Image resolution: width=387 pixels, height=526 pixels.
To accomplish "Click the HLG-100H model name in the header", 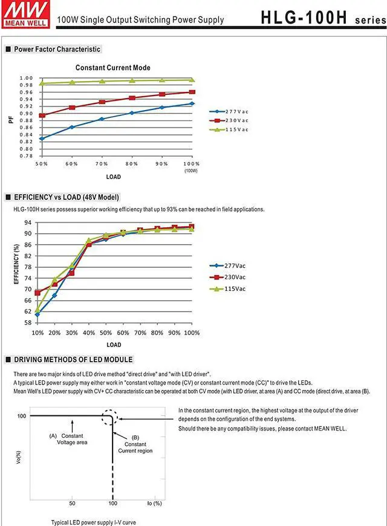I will click(304, 17).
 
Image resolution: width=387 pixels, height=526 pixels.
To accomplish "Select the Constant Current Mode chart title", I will click(112, 68).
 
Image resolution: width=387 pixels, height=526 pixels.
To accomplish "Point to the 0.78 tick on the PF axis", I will click(25, 156).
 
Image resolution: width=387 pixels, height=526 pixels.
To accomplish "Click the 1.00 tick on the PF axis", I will click(25, 78).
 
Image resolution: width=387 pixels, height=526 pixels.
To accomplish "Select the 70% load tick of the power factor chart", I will click(102, 164).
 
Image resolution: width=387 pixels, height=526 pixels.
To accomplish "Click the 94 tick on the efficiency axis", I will click(28, 222).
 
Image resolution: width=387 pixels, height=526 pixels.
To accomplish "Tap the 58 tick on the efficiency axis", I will click(28, 322).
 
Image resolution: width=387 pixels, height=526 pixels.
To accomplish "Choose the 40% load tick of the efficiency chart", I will click(89, 333).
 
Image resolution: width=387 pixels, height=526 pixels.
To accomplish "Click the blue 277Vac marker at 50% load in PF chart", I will click(42, 138).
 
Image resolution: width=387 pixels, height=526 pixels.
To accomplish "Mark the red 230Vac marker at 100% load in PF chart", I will click(192, 92).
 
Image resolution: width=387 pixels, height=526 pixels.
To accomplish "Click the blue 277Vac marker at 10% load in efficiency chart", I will click(37, 314).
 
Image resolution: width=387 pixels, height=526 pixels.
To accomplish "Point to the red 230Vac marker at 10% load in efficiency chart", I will click(37, 293).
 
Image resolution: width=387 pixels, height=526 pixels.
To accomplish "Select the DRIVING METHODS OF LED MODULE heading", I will click(73, 359).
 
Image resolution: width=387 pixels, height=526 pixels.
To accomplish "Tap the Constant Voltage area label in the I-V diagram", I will click(73, 439).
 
